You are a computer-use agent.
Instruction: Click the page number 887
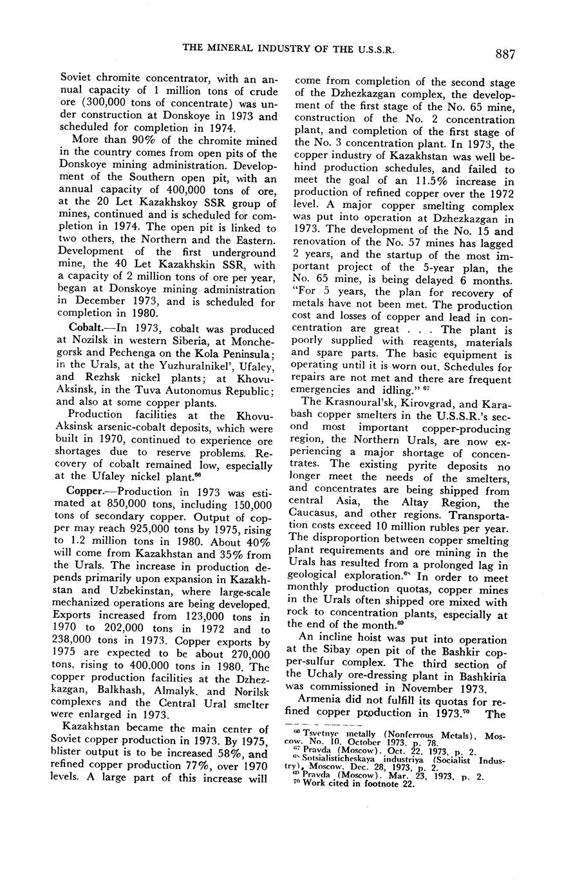tap(505, 55)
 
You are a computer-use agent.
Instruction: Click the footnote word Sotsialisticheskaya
tap(348, 759)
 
